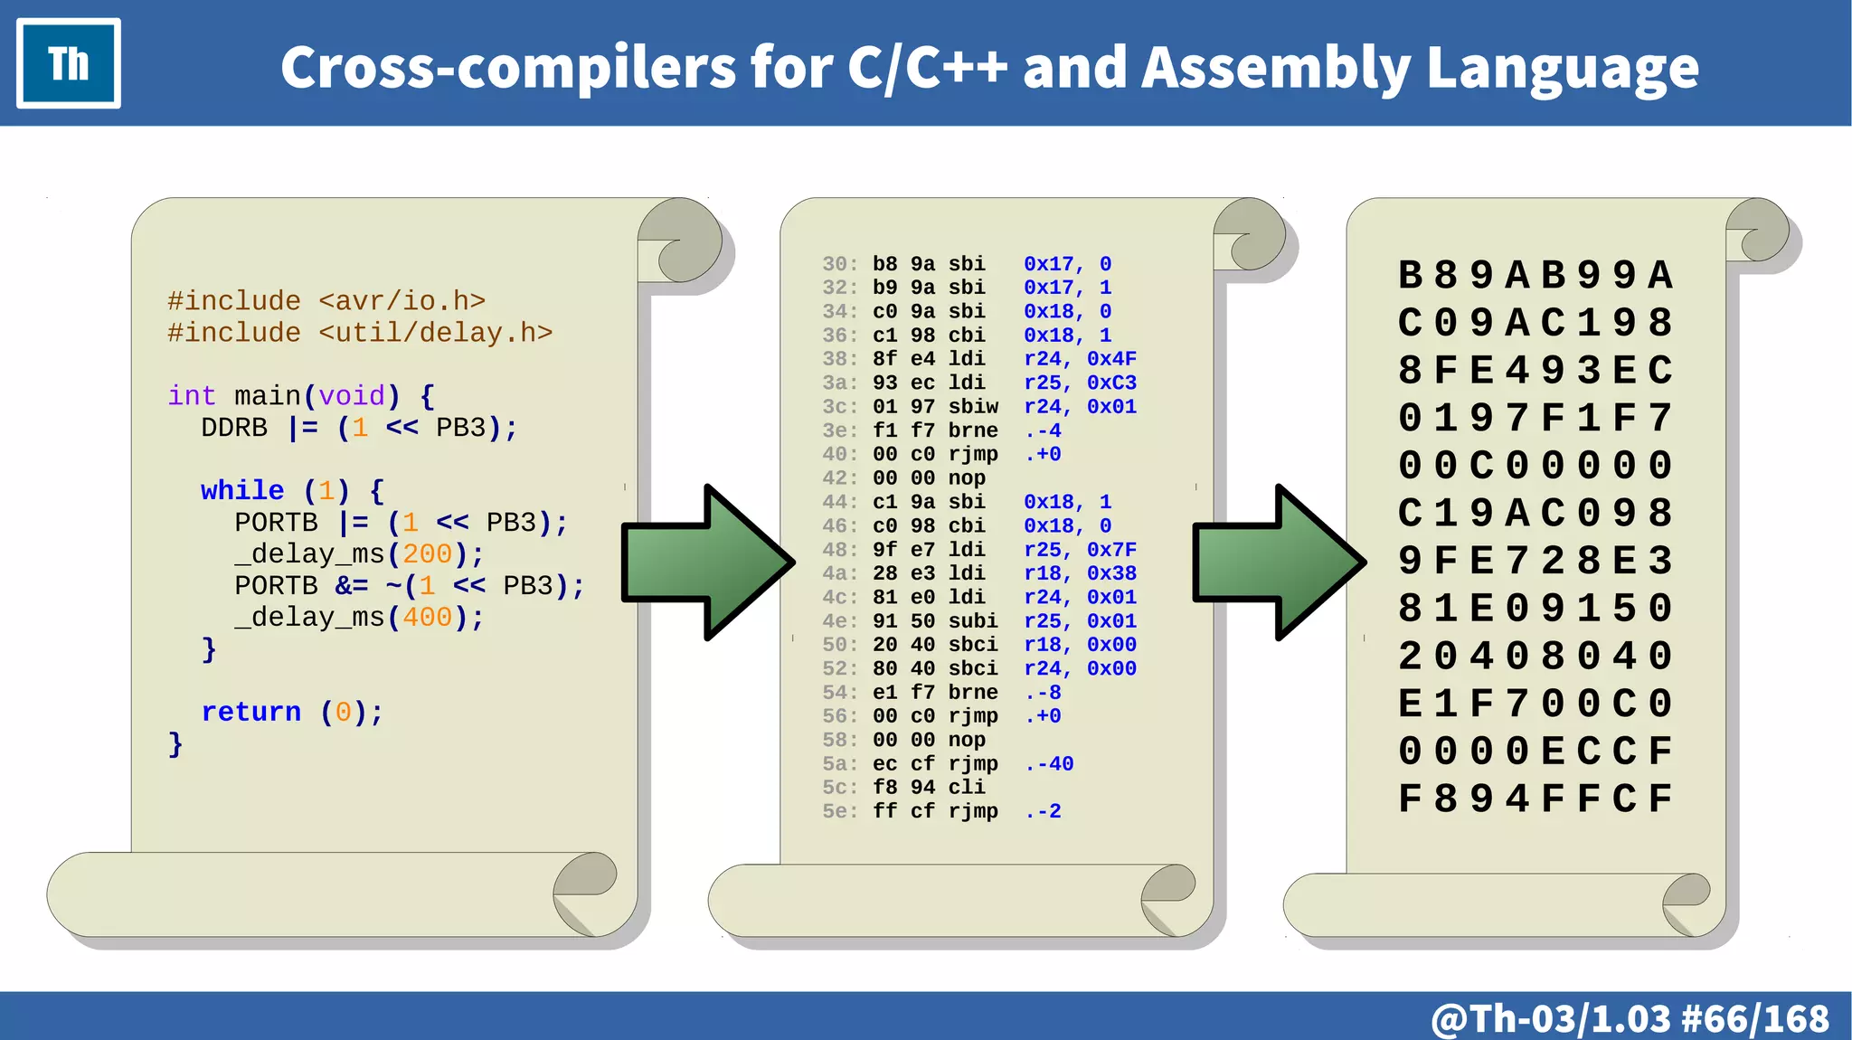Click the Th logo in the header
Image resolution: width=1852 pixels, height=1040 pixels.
point(69,63)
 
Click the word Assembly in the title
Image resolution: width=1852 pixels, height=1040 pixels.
point(1275,68)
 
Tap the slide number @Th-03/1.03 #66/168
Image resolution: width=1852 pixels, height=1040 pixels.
point(1630,1018)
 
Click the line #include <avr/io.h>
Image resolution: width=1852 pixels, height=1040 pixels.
point(326,300)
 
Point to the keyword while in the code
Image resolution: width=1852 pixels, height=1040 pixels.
point(242,490)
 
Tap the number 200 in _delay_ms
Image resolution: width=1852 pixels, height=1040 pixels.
point(427,553)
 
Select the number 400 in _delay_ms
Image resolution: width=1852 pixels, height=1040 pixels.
point(427,617)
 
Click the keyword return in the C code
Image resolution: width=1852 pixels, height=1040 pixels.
point(250,712)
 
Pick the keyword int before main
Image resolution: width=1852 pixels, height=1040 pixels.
point(192,395)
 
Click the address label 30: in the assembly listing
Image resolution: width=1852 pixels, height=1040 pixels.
point(839,264)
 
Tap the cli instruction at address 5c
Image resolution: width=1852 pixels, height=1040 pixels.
point(966,787)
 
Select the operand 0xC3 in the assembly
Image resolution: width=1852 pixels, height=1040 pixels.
point(1111,383)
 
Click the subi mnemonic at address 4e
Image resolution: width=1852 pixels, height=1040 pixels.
point(972,620)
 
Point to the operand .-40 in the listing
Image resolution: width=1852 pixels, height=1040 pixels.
point(1049,763)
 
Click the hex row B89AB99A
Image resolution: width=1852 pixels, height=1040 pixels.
point(1535,275)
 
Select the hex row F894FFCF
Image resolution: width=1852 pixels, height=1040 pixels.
point(1535,799)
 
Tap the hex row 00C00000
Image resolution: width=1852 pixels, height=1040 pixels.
point(1535,466)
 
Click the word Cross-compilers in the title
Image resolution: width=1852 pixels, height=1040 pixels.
point(508,68)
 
